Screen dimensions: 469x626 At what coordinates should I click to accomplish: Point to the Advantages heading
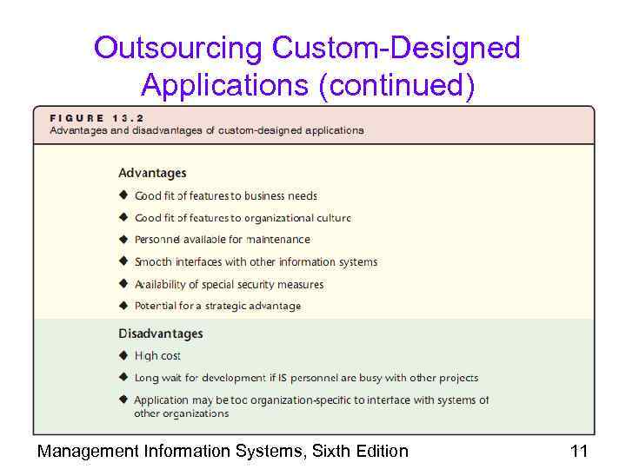tap(152, 173)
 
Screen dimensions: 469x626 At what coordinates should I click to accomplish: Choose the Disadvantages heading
tap(161, 334)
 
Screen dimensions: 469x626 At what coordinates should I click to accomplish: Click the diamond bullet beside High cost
tap(123, 355)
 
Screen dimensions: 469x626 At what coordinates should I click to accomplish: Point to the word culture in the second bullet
tap(330, 218)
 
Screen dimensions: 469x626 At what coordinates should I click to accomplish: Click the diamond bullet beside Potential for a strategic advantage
tap(123, 306)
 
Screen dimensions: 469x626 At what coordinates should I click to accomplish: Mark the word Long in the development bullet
tap(146, 379)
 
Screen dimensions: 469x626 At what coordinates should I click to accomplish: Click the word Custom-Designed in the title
tap(396, 49)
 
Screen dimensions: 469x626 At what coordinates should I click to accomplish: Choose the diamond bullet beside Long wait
tap(123, 378)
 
